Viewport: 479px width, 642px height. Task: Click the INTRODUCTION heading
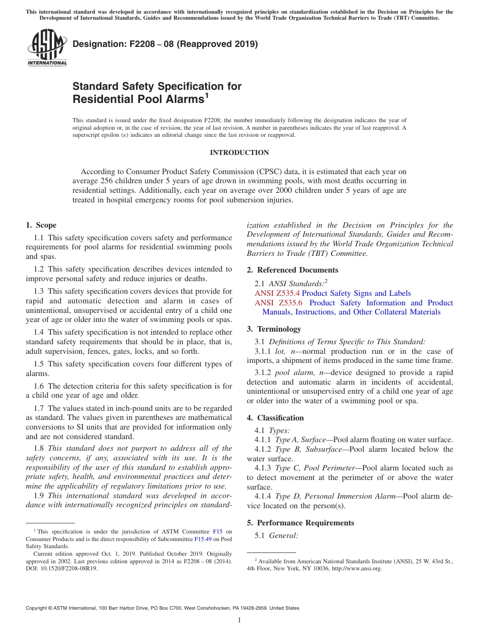point(239,152)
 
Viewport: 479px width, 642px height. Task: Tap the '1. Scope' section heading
point(41,225)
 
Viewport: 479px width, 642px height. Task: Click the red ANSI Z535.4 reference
point(277,293)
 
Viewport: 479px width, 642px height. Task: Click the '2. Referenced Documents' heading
point(292,270)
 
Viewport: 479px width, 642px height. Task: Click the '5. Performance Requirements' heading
point(301,523)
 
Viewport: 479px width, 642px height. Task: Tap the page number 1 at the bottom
point(239,620)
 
